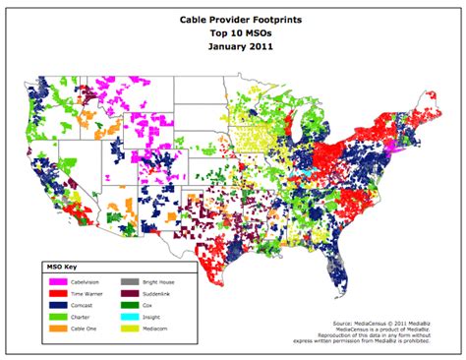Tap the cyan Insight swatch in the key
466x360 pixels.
[x=128, y=319]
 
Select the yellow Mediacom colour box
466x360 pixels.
[x=128, y=331]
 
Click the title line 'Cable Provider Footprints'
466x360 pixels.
[x=233, y=19]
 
